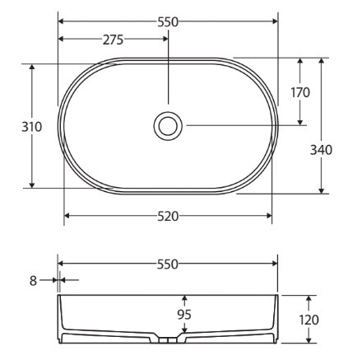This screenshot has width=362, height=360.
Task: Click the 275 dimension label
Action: pos(113,40)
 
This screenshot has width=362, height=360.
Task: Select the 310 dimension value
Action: pos(32,127)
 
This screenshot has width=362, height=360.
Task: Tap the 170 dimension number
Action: pos(300,92)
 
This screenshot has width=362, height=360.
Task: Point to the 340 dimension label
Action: pos(321,150)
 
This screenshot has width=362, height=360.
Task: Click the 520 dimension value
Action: pos(168,217)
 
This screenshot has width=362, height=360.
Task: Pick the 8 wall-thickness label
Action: pos(33,281)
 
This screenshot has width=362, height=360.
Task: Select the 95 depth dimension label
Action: pos(184,315)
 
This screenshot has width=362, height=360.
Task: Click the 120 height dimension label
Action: pos(309,320)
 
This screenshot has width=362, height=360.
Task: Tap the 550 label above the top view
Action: pos(168,22)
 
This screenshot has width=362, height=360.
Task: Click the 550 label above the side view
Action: pos(168,264)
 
